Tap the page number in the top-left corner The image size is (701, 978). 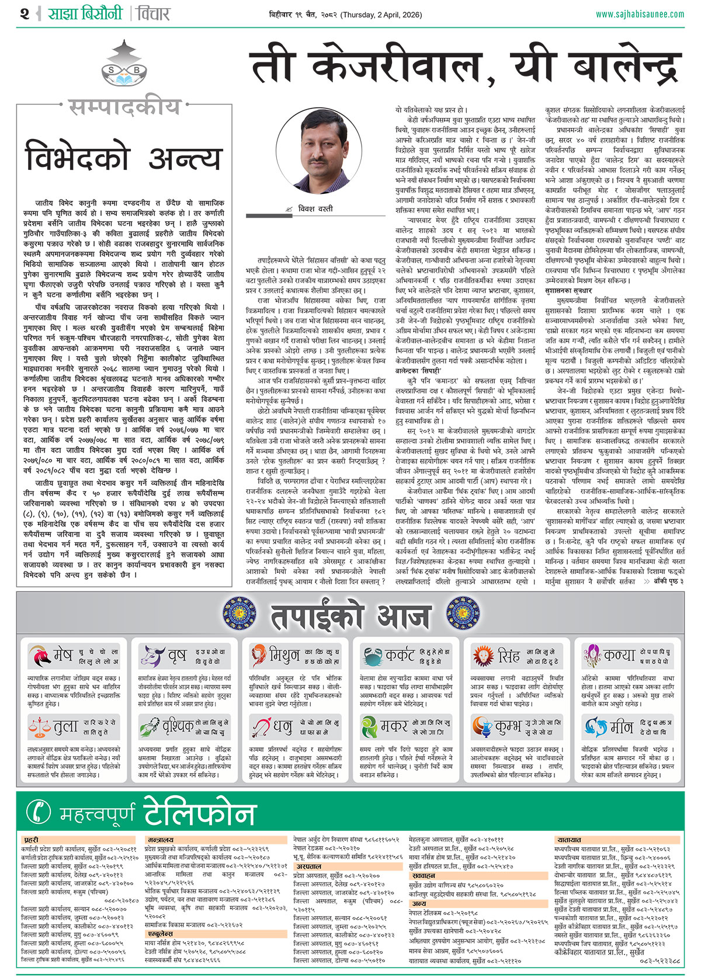pos(24,13)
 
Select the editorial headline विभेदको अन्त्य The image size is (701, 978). pos(124,158)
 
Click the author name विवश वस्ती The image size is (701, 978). pos(315,208)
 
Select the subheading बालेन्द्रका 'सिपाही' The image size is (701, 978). pos(419,370)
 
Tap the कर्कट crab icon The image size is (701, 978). pos(372,656)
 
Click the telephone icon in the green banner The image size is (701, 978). pos(40,812)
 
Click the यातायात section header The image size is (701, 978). pos(569,840)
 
